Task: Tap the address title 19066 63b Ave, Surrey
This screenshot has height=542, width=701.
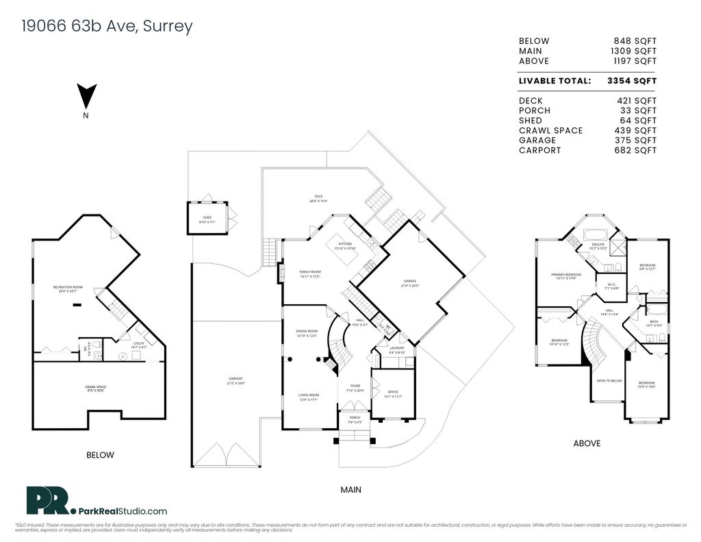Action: pos(107,27)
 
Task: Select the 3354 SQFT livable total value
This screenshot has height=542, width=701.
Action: pos(631,81)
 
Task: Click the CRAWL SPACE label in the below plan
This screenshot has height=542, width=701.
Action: pos(95,387)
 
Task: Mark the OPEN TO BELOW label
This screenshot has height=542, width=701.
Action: pos(609,380)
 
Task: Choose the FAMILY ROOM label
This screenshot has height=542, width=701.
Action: pos(310,272)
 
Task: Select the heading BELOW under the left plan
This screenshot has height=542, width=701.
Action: pos(100,455)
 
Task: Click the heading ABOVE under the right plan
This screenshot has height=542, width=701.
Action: pos(587,443)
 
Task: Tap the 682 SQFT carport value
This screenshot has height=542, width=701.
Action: pos(637,150)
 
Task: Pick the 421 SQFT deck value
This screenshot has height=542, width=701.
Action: pos(637,101)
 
